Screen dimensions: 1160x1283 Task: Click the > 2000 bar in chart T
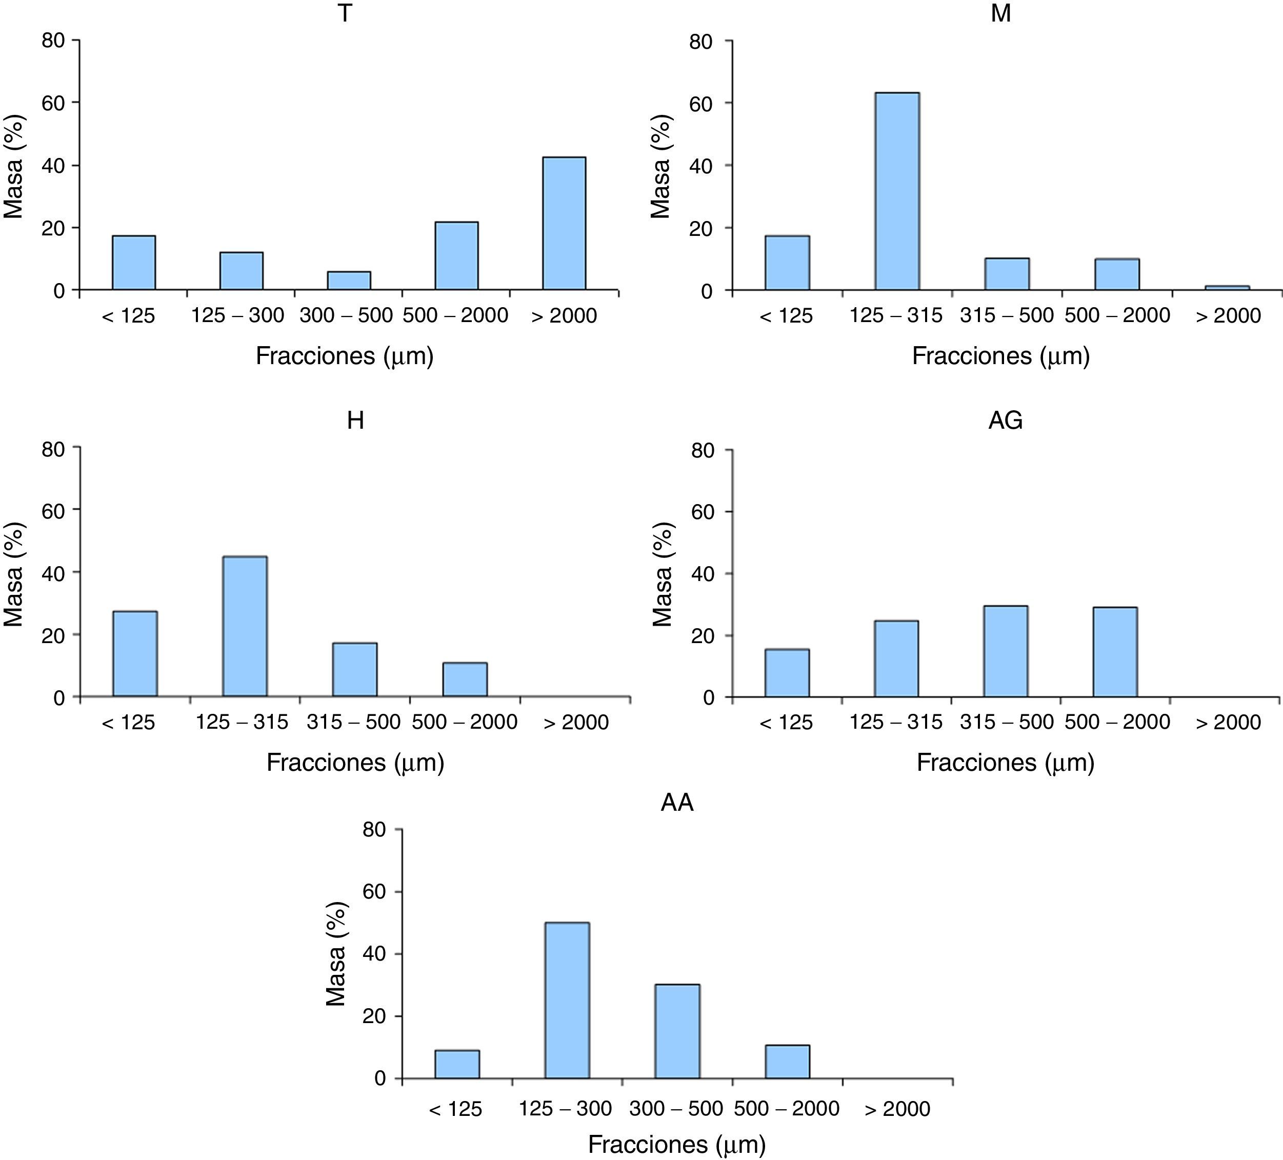point(564,224)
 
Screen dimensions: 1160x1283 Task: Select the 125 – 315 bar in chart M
point(897,191)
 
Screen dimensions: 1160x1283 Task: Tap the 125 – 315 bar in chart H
point(245,626)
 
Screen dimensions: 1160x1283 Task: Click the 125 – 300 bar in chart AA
point(567,1001)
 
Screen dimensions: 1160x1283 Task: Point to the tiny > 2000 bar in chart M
point(1227,288)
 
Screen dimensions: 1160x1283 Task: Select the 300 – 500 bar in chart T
point(349,281)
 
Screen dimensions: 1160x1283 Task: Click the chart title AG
point(1006,421)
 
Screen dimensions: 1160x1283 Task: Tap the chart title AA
point(676,803)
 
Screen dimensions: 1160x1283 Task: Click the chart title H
point(355,421)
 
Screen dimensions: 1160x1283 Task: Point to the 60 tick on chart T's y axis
point(53,103)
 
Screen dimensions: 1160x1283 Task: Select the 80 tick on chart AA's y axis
point(376,830)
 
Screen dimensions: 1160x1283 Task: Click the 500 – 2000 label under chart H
point(465,722)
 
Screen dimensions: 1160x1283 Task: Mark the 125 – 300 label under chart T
point(237,315)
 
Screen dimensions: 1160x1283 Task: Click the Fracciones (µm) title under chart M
point(1000,356)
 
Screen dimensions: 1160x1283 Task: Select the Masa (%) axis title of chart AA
point(335,954)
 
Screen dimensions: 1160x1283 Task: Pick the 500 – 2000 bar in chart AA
point(787,1062)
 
